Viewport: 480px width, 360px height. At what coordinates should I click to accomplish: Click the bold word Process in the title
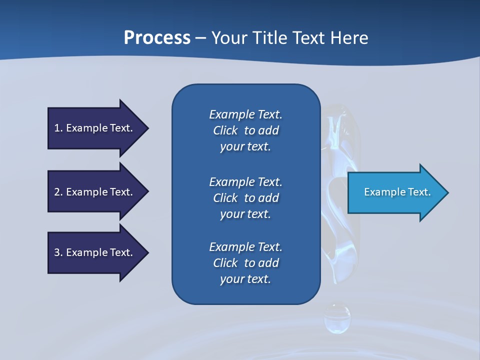click(x=157, y=37)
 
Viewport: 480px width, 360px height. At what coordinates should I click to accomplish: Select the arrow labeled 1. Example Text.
click(x=95, y=128)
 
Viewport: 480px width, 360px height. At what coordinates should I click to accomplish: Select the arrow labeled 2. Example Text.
click(x=95, y=192)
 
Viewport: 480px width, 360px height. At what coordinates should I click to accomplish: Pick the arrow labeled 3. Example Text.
click(x=95, y=252)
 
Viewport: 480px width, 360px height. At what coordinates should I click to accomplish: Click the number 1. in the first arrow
click(x=58, y=128)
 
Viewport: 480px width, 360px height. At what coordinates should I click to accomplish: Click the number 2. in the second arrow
click(x=58, y=192)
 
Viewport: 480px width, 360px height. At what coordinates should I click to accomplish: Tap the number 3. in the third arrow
click(x=58, y=252)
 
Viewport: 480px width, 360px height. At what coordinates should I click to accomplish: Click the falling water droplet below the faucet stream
click(x=337, y=319)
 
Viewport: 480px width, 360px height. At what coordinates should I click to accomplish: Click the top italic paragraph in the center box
click(x=245, y=130)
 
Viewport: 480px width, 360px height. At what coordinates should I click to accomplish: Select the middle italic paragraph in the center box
click(x=245, y=197)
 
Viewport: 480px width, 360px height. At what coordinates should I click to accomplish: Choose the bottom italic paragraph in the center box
click(x=245, y=263)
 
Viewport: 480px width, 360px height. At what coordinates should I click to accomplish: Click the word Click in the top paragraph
click(x=225, y=130)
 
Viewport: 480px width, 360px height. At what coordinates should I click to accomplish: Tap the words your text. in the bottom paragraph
click(x=245, y=279)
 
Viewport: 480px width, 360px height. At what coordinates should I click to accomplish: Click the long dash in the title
click(x=201, y=37)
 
